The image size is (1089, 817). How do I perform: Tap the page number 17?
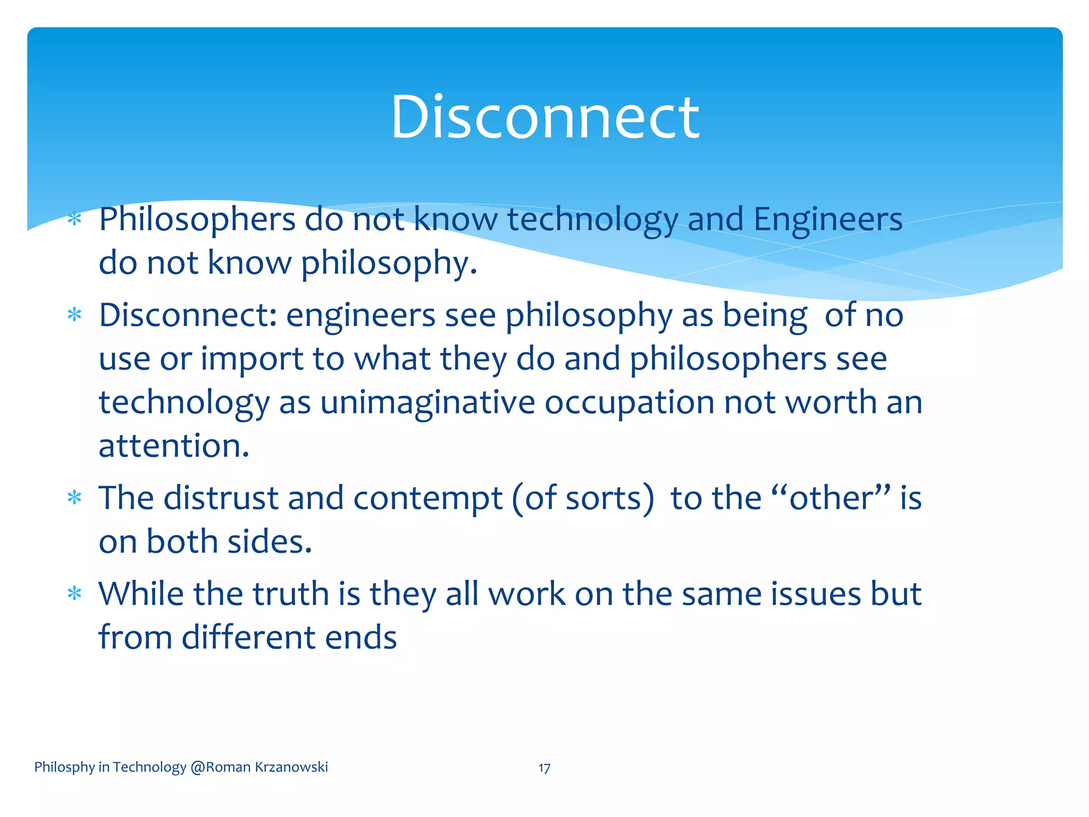click(544, 768)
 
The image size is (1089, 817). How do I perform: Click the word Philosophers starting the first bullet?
click(197, 219)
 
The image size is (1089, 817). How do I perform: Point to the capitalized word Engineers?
click(828, 219)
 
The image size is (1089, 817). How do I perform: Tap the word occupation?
click(629, 402)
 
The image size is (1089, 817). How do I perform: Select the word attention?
click(173, 446)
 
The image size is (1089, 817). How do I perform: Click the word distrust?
click(221, 498)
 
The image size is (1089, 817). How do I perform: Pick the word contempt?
click(428, 498)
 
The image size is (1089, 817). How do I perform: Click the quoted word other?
click(831, 498)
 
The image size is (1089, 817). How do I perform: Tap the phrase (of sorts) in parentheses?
click(583, 498)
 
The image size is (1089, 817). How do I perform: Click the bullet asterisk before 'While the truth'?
click(74, 594)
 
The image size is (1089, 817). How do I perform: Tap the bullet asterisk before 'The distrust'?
click(74, 498)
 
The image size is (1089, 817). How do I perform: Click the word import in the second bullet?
click(252, 360)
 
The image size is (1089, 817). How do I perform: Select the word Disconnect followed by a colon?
click(188, 315)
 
